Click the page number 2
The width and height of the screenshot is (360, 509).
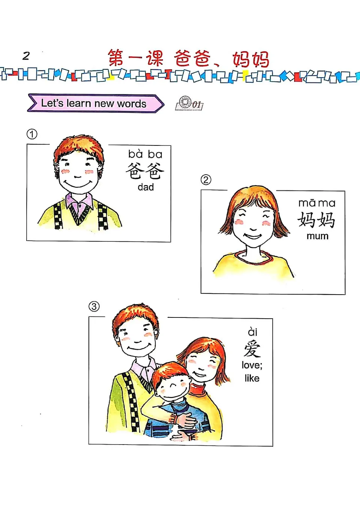26,56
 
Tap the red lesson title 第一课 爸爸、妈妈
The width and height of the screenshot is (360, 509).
188,59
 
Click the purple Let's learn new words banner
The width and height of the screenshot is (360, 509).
94,103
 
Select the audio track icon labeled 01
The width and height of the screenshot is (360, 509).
189,103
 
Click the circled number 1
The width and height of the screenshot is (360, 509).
32,134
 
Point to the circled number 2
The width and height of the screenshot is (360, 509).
205,180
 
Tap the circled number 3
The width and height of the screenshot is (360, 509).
94,306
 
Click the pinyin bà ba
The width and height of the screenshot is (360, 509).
145,154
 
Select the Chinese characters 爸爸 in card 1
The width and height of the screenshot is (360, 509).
145,171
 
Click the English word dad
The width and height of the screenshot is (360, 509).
145,187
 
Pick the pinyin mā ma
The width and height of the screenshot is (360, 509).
317,203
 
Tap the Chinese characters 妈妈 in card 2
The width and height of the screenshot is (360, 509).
316,220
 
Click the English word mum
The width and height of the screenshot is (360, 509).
317,236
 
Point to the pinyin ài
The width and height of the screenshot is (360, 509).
252,332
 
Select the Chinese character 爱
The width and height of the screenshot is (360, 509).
252,349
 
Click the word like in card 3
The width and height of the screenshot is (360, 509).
252,378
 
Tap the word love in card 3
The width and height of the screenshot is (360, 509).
250,365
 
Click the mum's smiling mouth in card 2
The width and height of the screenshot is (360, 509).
253,236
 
